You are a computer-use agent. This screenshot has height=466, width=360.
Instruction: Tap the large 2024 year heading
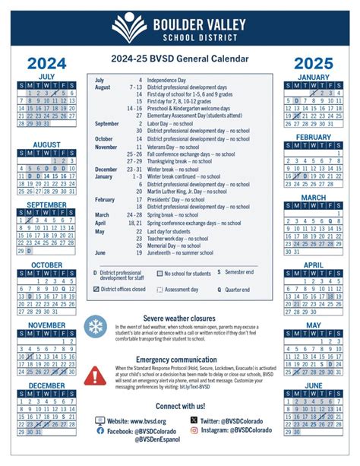point(47,64)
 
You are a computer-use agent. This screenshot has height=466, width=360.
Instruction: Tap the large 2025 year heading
point(313,64)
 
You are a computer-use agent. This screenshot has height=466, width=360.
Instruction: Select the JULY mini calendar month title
point(47,77)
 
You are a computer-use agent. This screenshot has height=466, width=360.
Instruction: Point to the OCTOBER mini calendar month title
point(47,265)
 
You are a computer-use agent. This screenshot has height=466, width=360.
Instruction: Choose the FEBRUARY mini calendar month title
point(313,137)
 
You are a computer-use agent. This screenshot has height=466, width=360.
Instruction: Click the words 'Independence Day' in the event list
point(168,80)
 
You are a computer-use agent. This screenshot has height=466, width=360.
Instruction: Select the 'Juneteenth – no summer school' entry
point(185,252)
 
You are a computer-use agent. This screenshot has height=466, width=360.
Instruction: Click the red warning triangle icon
point(96,374)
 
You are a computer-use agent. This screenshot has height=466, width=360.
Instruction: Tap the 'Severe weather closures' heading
point(179,317)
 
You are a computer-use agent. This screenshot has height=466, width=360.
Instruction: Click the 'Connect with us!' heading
point(180,406)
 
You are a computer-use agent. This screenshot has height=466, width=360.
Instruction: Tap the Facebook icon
point(100,430)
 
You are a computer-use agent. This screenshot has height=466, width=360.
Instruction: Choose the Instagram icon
point(194,430)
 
